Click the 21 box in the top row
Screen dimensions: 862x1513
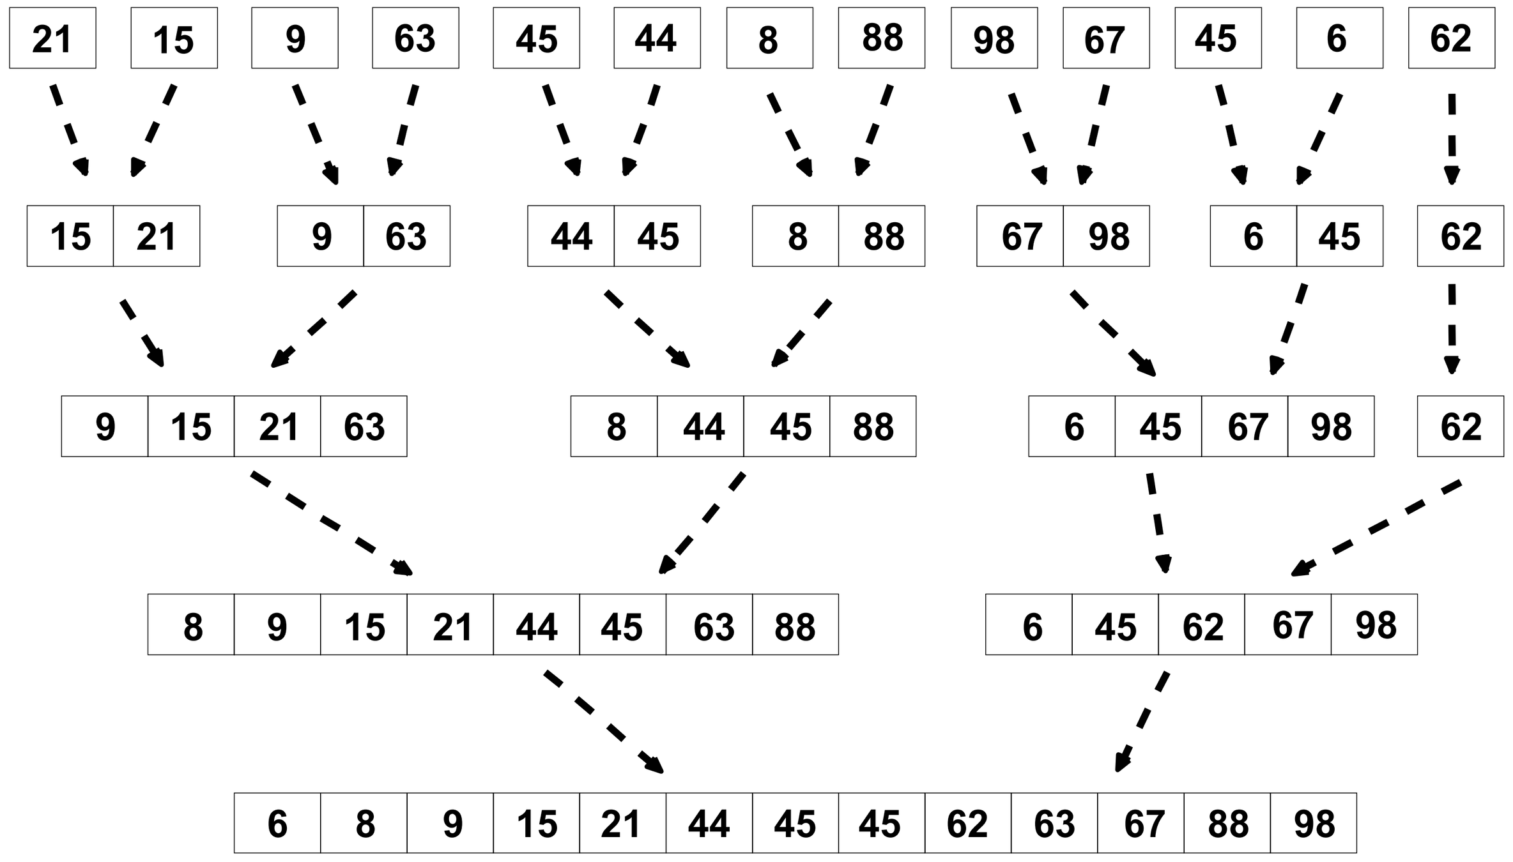pos(52,38)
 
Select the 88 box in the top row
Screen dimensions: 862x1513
pos(881,38)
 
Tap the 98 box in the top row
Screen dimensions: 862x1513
pos(994,38)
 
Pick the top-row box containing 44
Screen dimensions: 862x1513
pos(657,38)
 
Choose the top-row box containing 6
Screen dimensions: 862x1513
pos(1339,38)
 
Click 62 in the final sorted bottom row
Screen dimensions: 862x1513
pos(967,823)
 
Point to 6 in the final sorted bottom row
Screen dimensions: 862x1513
pos(277,823)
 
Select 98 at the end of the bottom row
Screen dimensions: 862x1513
pos(1313,823)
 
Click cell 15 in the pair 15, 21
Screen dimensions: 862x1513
pos(70,236)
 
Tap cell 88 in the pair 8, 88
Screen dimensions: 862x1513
pos(881,236)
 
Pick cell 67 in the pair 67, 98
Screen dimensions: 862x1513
pos(1020,236)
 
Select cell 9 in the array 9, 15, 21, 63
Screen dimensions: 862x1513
pos(105,426)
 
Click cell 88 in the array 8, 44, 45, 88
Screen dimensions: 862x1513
pos(872,426)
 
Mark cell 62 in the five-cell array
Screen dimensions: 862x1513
pos(1201,624)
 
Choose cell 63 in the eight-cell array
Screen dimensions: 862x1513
pos(709,624)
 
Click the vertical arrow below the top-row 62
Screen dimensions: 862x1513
pos(1452,137)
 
